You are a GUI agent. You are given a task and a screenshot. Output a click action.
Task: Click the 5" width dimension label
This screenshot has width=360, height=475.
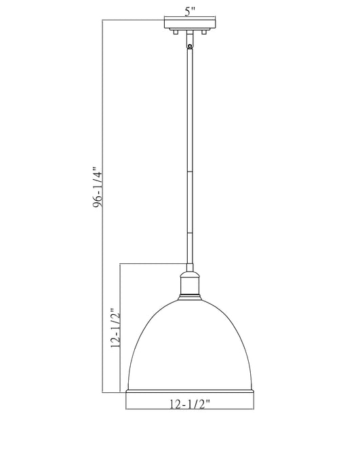tap(189, 11)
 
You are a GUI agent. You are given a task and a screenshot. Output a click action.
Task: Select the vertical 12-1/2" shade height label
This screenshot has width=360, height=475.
tap(115, 328)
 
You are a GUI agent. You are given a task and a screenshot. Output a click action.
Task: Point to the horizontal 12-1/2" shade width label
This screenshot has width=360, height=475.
tap(190, 404)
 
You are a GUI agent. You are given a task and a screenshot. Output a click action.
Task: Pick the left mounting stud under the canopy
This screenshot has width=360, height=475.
tap(175, 33)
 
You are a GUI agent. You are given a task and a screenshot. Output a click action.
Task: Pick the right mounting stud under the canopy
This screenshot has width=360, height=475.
tap(203, 33)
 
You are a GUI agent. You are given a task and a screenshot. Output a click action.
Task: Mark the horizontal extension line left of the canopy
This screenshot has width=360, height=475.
tap(132, 21)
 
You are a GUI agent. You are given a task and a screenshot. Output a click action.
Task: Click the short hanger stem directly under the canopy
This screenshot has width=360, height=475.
tap(189, 39)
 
